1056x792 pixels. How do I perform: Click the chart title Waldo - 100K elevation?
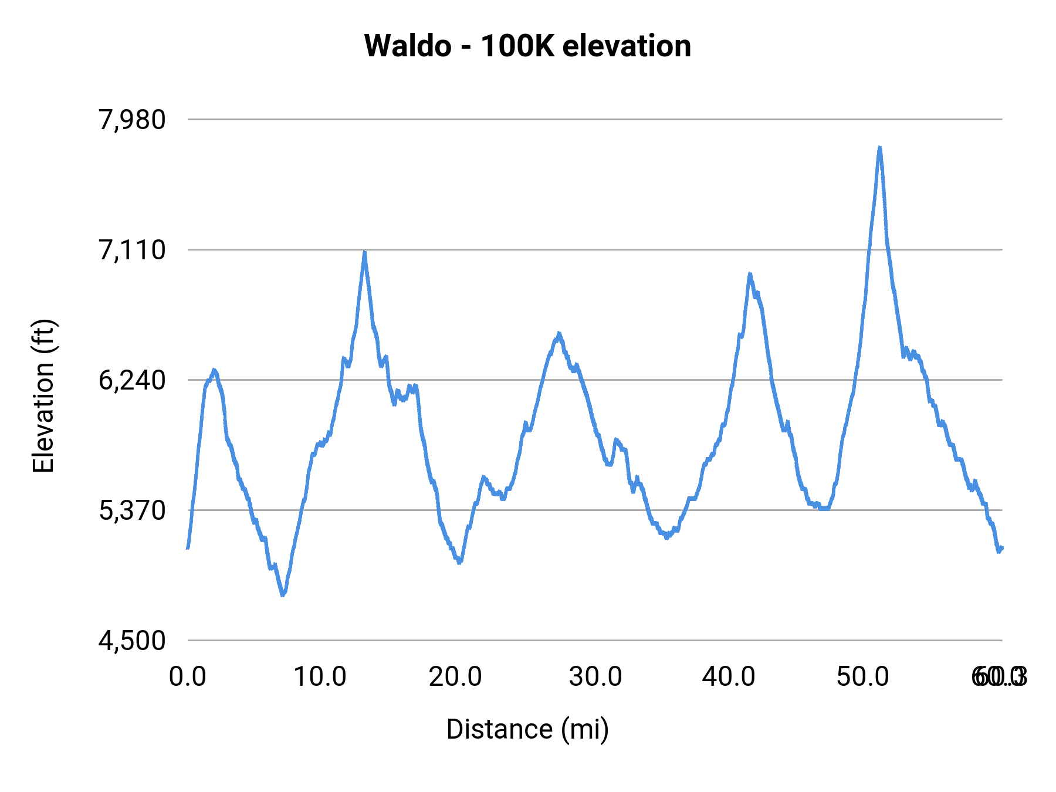[x=527, y=46]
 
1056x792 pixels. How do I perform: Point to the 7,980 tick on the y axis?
[x=132, y=120]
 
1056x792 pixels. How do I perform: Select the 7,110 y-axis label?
[x=132, y=250]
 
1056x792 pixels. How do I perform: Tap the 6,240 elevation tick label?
[x=132, y=380]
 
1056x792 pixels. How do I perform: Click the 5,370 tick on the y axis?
[x=132, y=510]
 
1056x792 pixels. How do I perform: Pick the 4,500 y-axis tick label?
[x=132, y=641]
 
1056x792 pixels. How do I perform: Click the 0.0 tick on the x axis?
[x=188, y=677]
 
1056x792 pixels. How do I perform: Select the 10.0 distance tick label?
[x=320, y=677]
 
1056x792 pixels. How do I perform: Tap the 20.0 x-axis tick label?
[x=455, y=677]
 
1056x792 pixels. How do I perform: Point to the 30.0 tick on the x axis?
[x=595, y=677]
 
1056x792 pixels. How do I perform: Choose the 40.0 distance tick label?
[x=729, y=677]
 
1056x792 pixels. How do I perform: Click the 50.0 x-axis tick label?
[x=862, y=677]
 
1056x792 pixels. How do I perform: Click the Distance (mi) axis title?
[x=527, y=729]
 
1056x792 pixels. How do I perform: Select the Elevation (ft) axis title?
[x=43, y=397]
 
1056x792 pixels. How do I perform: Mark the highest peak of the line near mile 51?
[x=879, y=148]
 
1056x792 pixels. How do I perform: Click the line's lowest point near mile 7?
[x=283, y=594]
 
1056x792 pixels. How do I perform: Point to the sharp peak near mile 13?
[x=365, y=253]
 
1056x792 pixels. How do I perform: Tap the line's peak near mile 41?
[x=749, y=275]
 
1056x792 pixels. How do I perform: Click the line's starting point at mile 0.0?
[x=188, y=547]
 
